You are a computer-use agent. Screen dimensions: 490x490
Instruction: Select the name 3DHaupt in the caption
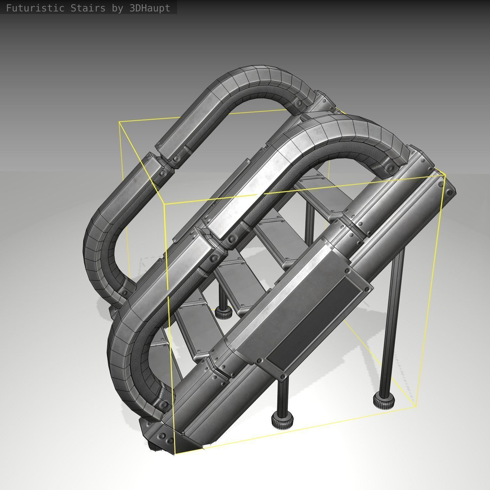coord(150,8)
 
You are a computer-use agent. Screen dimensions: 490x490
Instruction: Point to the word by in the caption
coord(117,8)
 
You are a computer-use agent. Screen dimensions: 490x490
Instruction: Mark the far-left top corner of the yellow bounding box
coord(119,122)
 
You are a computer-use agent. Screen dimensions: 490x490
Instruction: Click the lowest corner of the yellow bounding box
coord(175,454)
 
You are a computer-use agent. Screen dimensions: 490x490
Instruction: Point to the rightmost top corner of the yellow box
coord(445,175)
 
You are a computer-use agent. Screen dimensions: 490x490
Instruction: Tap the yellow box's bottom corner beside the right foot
coord(416,406)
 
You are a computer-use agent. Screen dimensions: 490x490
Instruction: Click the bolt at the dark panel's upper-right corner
coord(368,289)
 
